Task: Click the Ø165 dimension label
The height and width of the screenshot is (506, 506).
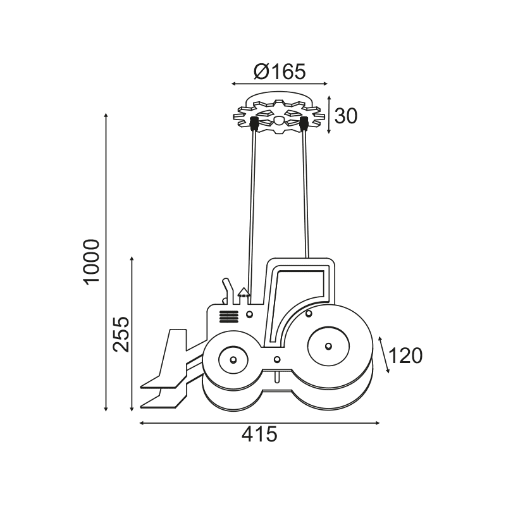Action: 280,71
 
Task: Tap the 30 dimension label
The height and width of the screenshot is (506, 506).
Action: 346,116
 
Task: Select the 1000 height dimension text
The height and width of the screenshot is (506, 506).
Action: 91,262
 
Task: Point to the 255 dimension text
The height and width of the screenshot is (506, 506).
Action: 121,334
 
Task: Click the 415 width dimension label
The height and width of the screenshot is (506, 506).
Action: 259,434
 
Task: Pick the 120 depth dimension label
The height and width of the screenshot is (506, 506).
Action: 405,355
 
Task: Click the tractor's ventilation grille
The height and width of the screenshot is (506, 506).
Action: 229,317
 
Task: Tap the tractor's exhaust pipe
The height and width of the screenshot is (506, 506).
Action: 228,291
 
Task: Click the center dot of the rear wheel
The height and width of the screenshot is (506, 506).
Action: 328,346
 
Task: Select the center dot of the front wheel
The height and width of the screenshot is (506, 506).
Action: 233,359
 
